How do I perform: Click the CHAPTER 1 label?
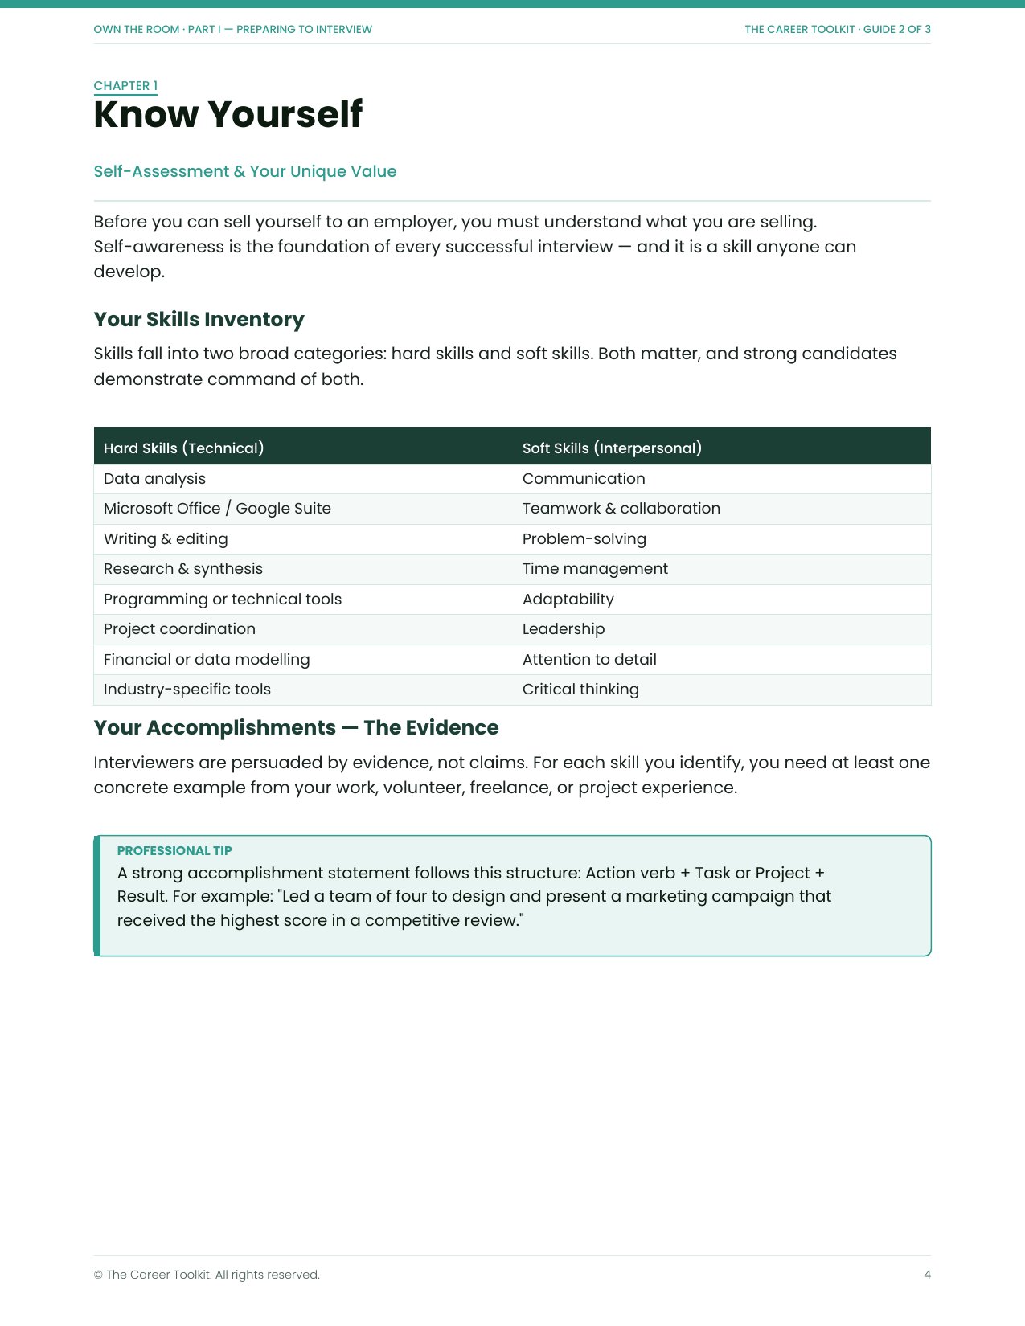[x=125, y=86]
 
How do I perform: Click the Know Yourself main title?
[x=228, y=114]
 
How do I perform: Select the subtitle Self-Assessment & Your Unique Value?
[x=245, y=171]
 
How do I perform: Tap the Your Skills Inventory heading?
[x=199, y=319]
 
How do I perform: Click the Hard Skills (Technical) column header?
[x=183, y=448]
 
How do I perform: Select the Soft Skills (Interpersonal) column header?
[x=612, y=448]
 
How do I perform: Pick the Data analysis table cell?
[x=154, y=478]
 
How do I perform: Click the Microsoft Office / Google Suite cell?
[x=217, y=508]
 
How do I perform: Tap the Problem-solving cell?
[x=584, y=538]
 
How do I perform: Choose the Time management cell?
[x=595, y=568]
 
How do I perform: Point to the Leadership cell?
[x=564, y=628]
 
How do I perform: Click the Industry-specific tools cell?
[x=187, y=689]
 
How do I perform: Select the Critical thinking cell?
[x=580, y=689]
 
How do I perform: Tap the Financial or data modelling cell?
[x=207, y=659]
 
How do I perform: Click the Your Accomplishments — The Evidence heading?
[x=296, y=727]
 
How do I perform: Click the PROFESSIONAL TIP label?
[x=174, y=850]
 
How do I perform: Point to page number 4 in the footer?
[x=927, y=1275]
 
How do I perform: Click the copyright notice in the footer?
[x=207, y=1275]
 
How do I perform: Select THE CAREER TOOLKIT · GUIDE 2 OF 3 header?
[x=837, y=29]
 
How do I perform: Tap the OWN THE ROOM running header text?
[x=232, y=29]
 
